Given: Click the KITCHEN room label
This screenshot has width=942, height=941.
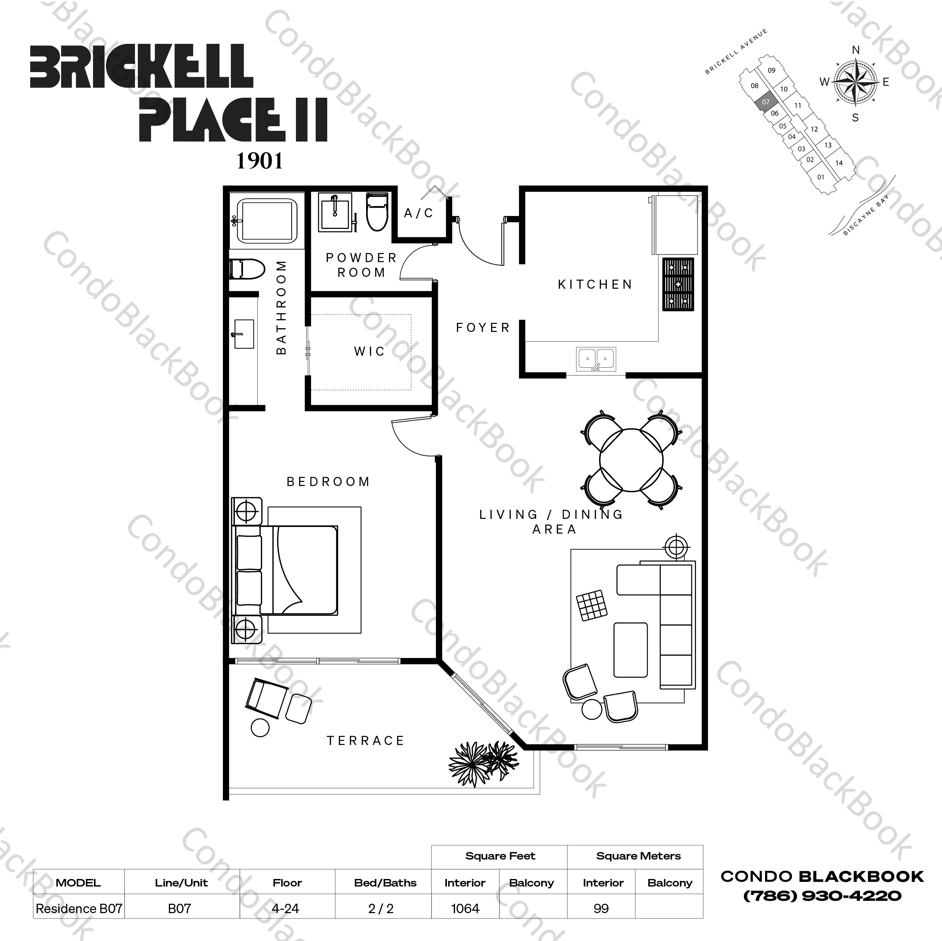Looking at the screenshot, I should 595,284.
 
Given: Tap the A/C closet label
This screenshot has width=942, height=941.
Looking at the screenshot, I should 418,213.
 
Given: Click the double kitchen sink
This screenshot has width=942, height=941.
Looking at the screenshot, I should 596,359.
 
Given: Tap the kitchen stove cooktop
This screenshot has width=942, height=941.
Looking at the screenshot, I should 678,284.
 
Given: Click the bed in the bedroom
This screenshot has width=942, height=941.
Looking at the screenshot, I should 288,570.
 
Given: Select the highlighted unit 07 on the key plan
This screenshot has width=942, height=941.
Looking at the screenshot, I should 765,102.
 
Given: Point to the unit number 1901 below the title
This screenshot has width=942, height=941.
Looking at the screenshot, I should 259,161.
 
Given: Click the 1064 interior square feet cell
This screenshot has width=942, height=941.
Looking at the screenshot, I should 465,908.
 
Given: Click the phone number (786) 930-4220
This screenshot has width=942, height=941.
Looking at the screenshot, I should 822,896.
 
